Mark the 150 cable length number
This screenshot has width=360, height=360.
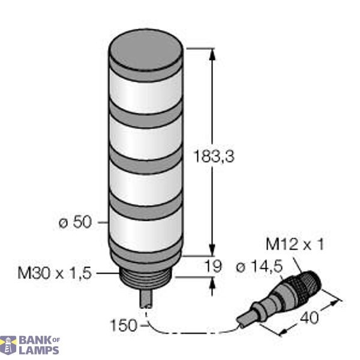coord(124,326)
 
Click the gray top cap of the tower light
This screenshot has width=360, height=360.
coord(144,51)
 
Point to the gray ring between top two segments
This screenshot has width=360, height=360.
coord(144,114)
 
